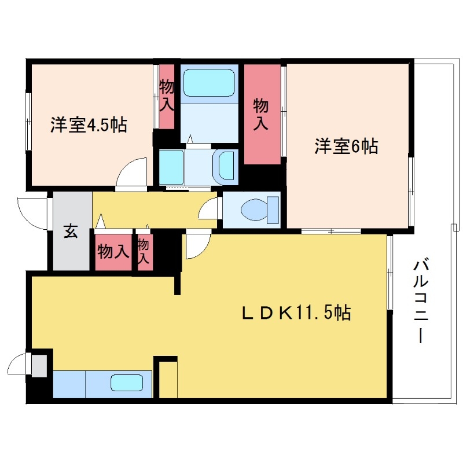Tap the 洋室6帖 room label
coord(346,146)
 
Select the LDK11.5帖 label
coord(295,313)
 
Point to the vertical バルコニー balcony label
coord(420,302)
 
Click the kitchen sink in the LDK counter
coord(127,384)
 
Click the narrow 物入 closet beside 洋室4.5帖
coord(167,96)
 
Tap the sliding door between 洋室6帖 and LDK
coord(331,231)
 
